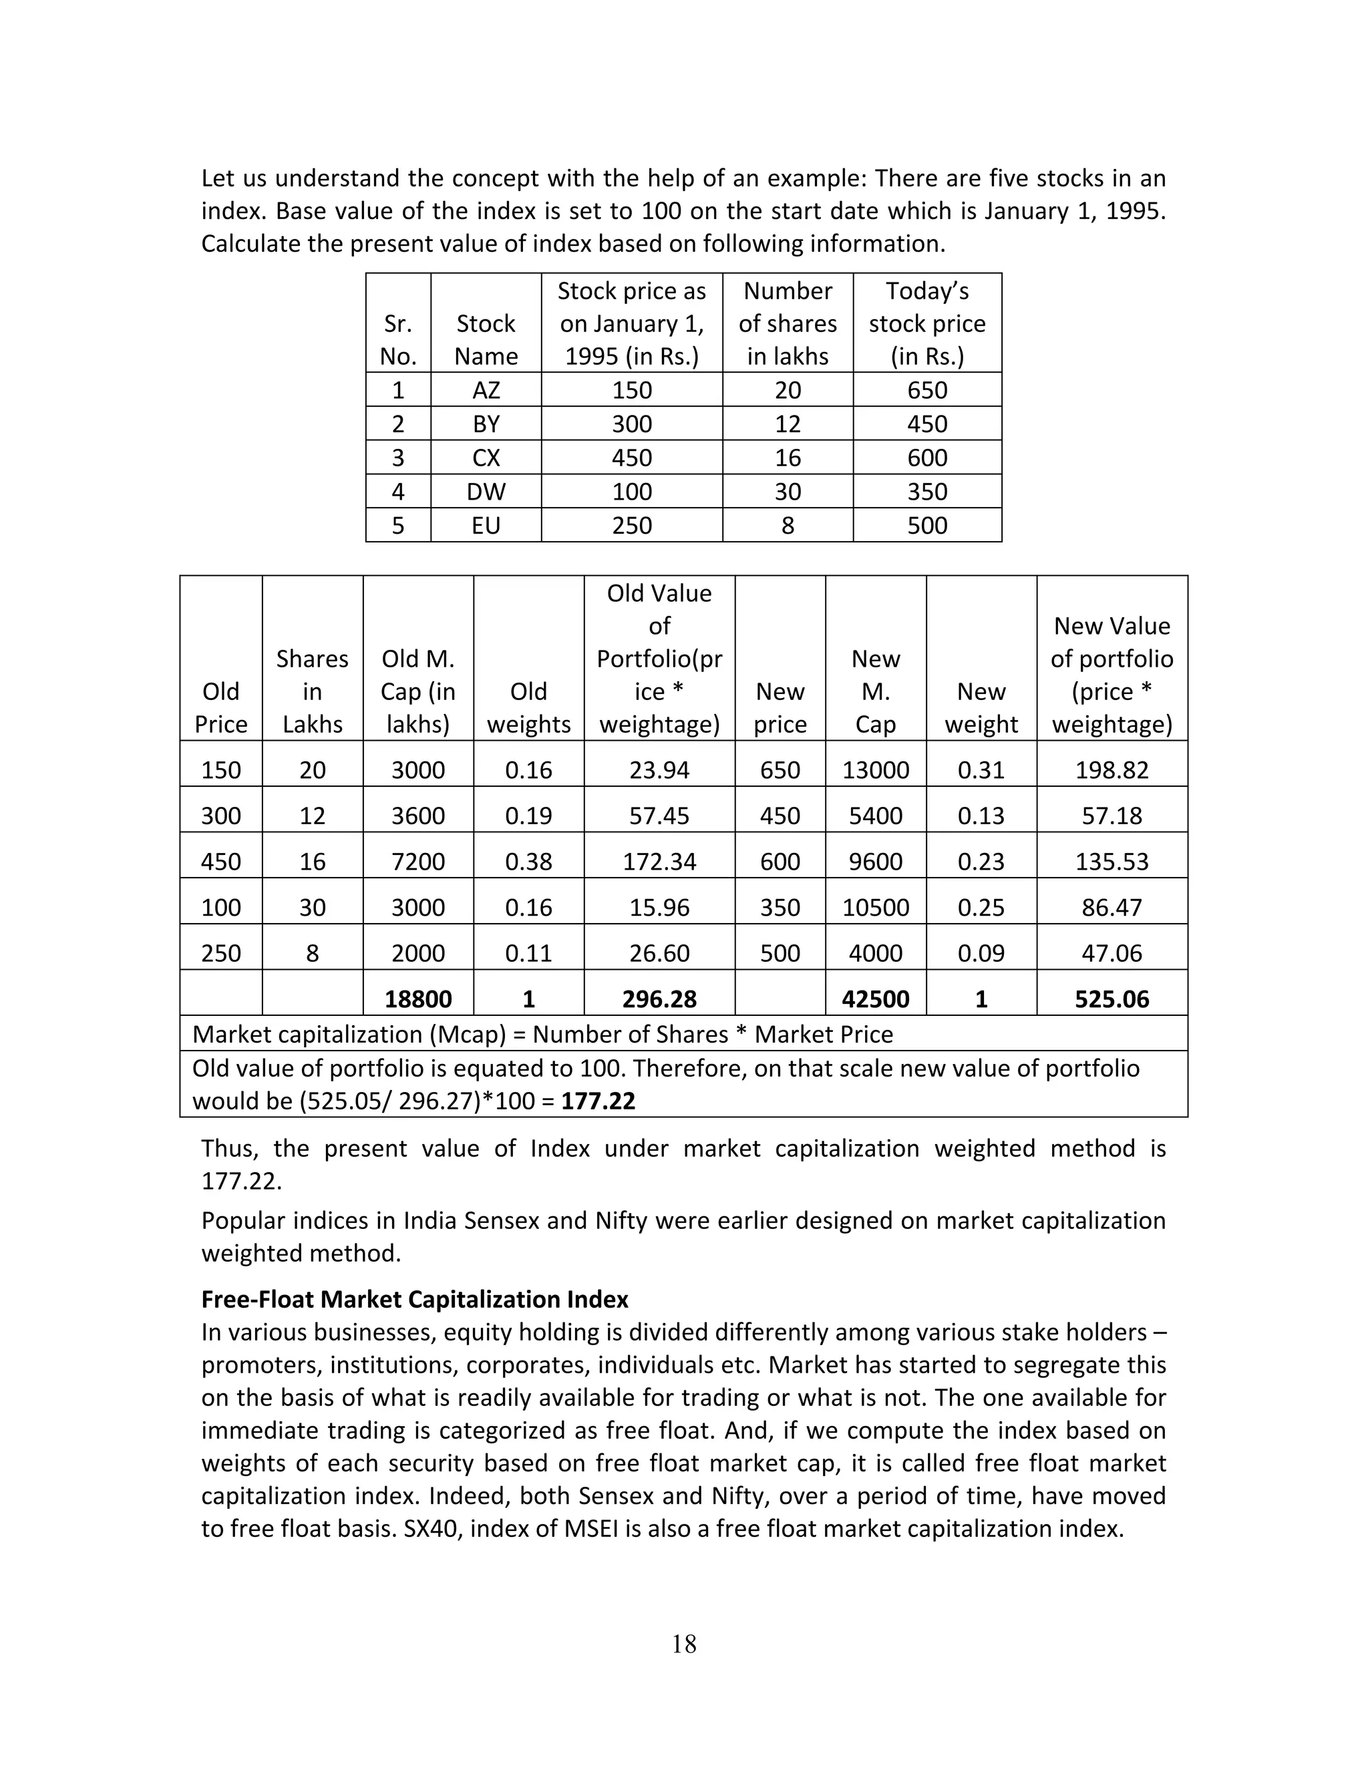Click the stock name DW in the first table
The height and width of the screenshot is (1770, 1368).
click(x=486, y=491)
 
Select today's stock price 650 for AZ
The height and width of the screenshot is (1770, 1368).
click(x=927, y=390)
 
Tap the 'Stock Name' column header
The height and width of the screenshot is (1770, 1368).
click(x=486, y=339)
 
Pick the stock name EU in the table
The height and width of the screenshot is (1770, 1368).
click(x=486, y=525)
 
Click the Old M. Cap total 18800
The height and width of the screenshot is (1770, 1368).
click(x=417, y=999)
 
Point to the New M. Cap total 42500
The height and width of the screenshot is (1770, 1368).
click(x=875, y=999)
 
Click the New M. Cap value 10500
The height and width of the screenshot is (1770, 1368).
click(x=875, y=907)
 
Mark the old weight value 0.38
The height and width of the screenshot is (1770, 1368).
click(x=528, y=861)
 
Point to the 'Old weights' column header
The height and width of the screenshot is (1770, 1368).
click(x=528, y=707)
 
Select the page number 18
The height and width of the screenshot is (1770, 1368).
click(x=684, y=1644)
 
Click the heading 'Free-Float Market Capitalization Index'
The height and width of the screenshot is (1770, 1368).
click(x=414, y=1299)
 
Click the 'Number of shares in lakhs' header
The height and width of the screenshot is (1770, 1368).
click(x=787, y=323)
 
